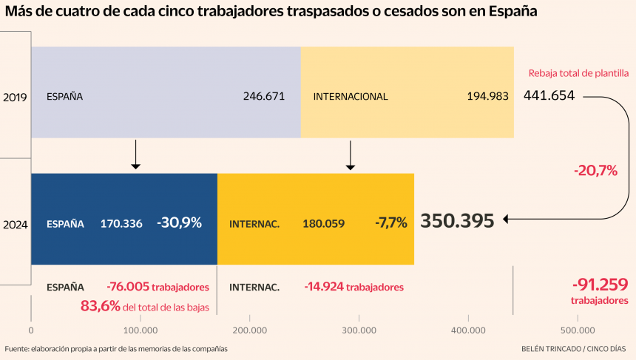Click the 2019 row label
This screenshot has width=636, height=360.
point(15,97)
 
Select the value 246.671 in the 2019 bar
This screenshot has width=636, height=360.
point(263,96)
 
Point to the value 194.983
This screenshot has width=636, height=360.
point(487,96)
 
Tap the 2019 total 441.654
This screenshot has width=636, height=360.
point(549,95)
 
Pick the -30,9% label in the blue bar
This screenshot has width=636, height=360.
point(179,223)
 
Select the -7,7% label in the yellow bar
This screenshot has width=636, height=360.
point(390,223)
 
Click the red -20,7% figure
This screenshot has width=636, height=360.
point(595,171)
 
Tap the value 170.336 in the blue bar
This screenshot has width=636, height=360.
point(121,223)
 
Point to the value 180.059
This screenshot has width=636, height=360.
point(323,223)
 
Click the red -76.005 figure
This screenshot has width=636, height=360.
point(129,287)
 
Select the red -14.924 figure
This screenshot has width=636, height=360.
point(323,287)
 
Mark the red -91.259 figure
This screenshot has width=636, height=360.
point(600,284)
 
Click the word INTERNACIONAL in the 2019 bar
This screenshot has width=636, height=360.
point(351,97)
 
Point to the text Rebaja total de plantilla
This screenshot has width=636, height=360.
point(578,73)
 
